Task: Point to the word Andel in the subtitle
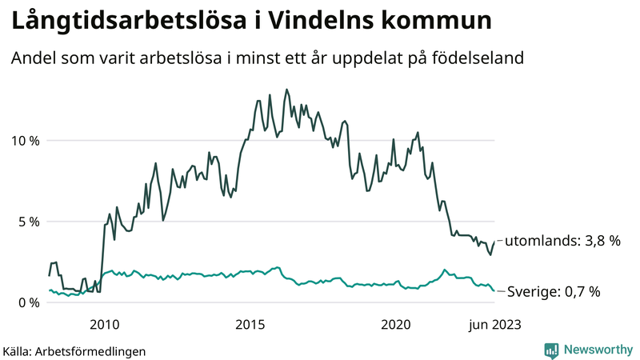pyautogui.click(x=31, y=59)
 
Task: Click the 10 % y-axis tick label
pyautogui.click(x=23, y=141)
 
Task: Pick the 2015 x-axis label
pyautogui.click(x=250, y=324)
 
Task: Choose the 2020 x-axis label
pyautogui.click(x=397, y=324)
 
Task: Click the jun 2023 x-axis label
pyautogui.click(x=494, y=324)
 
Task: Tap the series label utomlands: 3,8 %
pyautogui.click(x=562, y=240)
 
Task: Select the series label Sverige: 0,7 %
pyautogui.click(x=554, y=292)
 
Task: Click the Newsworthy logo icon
pyautogui.click(x=551, y=350)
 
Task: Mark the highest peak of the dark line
pyautogui.click(x=286, y=90)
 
